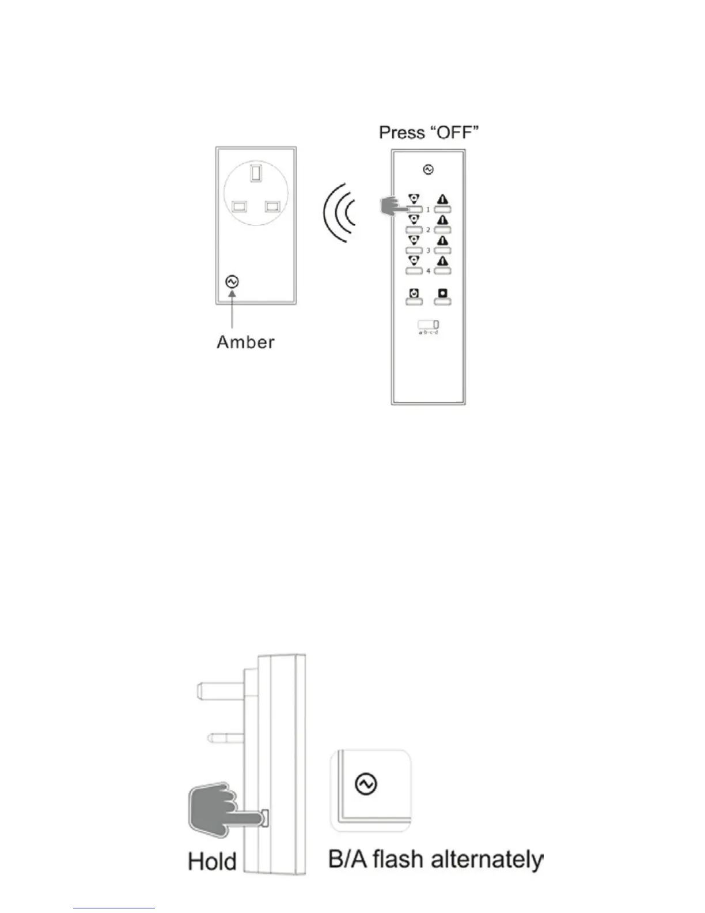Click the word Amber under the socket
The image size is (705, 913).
(245, 342)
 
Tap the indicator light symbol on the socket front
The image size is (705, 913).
(232, 282)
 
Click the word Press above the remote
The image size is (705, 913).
(401, 133)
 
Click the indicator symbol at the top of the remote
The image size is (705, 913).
(428, 169)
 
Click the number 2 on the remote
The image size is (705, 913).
(428, 230)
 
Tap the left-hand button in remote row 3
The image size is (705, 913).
(414, 250)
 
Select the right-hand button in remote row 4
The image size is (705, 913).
(442, 270)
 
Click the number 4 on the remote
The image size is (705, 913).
(428, 271)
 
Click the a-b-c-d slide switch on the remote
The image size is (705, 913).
(428, 325)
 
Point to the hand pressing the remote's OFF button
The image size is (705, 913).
(393, 207)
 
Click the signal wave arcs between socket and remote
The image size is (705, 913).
(340, 213)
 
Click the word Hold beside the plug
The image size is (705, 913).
(212, 862)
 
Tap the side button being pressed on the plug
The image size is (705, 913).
(264, 817)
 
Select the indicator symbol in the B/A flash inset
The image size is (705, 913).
(366, 784)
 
